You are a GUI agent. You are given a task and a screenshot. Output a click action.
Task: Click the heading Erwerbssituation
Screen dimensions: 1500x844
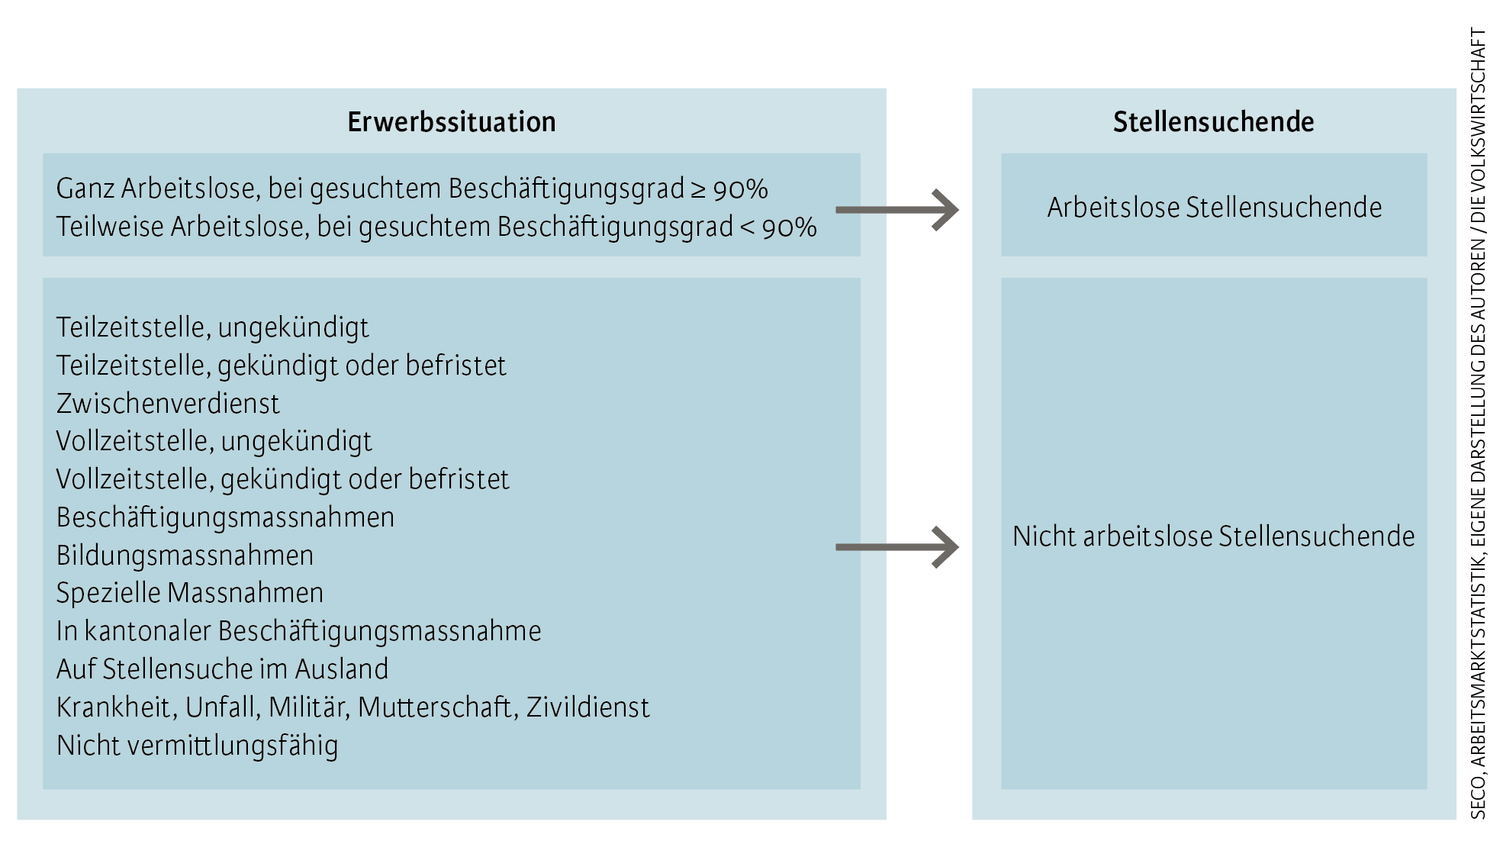pyautogui.click(x=452, y=122)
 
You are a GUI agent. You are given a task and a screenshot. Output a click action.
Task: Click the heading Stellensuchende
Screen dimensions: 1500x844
pyautogui.click(x=1213, y=122)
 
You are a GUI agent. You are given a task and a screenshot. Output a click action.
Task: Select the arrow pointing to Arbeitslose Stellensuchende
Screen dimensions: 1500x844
pyautogui.click(x=896, y=209)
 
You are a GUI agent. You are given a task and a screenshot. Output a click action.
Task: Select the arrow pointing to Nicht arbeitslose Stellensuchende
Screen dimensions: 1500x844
pyautogui.click(x=896, y=547)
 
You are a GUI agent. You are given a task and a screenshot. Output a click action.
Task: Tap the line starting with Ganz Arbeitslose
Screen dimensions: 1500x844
pyautogui.click(x=412, y=188)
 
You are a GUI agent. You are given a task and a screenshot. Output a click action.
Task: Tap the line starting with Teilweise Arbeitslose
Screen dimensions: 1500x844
pyautogui.click(x=436, y=227)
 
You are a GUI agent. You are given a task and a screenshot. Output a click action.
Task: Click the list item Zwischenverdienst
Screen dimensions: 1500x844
pyautogui.click(x=168, y=403)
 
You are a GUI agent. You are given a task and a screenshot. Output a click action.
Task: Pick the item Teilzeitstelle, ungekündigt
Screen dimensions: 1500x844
pyautogui.click(x=212, y=327)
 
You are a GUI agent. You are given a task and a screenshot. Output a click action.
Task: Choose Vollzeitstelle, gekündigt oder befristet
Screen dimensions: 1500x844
pyautogui.click(x=282, y=479)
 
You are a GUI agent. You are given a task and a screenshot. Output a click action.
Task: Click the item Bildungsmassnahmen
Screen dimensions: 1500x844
pyautogui.click(x=185, y=555)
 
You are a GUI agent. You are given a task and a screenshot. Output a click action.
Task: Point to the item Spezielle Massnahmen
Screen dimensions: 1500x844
pyautogui.click(x=190, y=593)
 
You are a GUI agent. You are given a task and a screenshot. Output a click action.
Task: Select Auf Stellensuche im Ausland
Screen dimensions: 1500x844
pyautogui.click(x=222, y=669)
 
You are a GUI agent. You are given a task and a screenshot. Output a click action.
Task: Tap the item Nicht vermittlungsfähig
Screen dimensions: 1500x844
pyautogui.click(x=197, y=746)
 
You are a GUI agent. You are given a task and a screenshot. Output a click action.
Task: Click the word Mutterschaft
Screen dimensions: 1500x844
pyautogui.click(x=438, y=707)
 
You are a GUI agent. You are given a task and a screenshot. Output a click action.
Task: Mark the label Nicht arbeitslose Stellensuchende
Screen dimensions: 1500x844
pyautogui.click(x=1213, y=536)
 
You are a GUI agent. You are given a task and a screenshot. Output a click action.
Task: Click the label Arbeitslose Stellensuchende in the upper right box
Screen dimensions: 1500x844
pyautogui.click(x=1214, y=208)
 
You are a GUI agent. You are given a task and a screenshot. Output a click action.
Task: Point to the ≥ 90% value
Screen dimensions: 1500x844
pyautogui.click(x=729, y=188)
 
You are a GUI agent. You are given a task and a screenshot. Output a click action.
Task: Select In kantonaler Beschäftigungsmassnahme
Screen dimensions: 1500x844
pyautogui.click(x=298, y=631)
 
